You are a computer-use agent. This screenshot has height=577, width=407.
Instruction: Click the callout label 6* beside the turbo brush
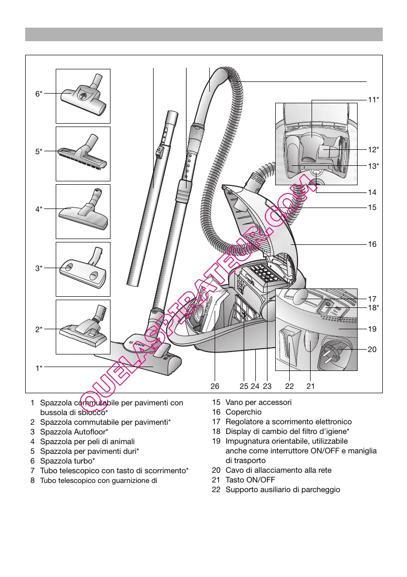coord(39,94)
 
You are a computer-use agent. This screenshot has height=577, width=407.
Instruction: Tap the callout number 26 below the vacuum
coord(215,386)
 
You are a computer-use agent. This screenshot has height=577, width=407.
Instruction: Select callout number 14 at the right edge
coord(372,192)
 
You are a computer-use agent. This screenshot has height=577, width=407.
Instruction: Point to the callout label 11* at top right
coord(373,100)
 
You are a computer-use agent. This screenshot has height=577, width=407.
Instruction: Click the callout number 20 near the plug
coord(372,349)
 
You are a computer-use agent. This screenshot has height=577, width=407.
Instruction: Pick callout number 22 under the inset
coord(289,386)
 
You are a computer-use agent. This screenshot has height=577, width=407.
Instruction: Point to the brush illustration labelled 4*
coord(83,213)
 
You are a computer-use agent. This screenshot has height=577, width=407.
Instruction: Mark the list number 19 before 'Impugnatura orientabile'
coord(216,441)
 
